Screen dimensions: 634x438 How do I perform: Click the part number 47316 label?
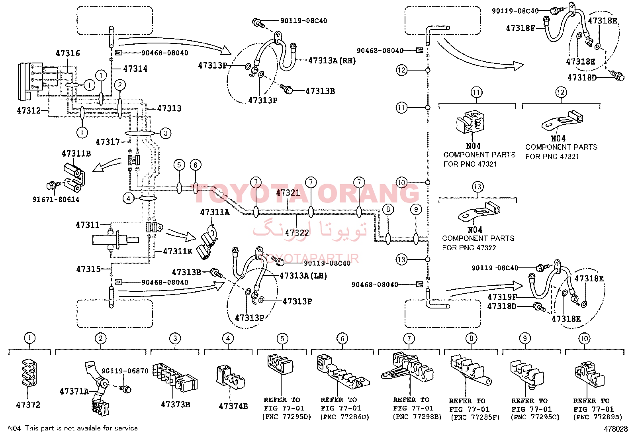point(68,53)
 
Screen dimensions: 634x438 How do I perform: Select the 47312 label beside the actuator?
point(29,110)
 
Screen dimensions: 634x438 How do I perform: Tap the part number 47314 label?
point(135,69)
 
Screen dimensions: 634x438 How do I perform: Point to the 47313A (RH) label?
point(332,61)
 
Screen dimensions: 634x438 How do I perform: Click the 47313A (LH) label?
point(303,276)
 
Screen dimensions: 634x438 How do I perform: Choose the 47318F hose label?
point(521,28)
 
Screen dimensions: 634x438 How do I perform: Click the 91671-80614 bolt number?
point(56,199)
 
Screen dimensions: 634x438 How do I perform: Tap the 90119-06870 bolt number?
point(125,371)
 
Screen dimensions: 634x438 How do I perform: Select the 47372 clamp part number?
point(28,405)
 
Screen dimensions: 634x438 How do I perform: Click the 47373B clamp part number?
point(175,405)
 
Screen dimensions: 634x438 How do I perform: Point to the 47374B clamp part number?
point(233,406)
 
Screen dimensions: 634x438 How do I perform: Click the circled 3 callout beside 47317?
point(166,133)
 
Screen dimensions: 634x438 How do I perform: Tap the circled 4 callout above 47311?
point(129,198)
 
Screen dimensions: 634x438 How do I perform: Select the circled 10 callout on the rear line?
point(402,183)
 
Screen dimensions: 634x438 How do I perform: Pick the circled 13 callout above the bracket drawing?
point(477,187)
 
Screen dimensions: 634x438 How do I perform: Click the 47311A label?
point(215,212)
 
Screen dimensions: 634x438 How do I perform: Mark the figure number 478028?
point(616,429)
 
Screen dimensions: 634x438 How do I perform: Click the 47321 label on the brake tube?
point(288,192)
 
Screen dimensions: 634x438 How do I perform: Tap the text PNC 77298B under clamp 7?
point(417,417)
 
